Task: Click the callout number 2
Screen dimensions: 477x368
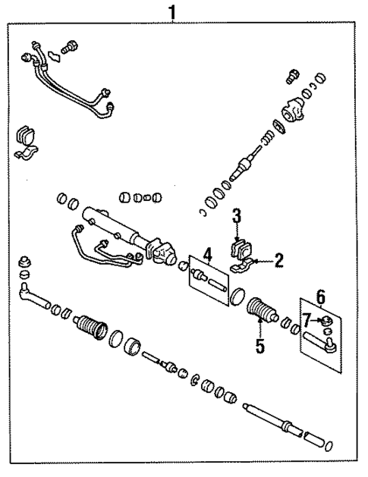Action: tap(278, 262)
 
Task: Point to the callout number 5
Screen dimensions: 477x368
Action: tap(259, 347)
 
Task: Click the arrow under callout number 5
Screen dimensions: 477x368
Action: tap(260, 328)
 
